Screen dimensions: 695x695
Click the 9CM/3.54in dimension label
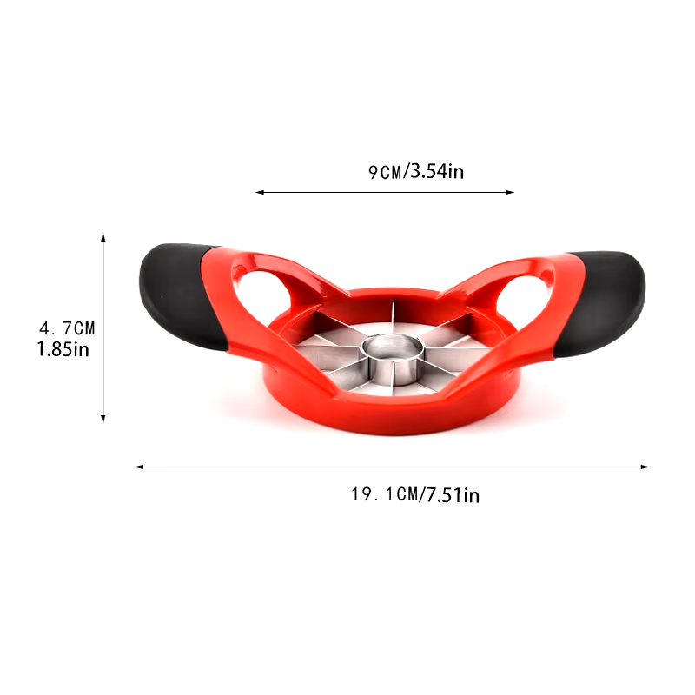(x=416, y=171)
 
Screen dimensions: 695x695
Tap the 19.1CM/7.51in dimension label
(x=415, y=494)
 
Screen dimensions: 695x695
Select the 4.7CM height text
(x=67, y=328)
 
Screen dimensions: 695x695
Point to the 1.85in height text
(x=63, y=349)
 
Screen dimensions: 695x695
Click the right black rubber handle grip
(x=602, y=303)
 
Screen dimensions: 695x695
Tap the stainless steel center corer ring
(x=393, y=358)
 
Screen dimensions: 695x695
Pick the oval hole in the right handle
(x=522, y=295)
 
